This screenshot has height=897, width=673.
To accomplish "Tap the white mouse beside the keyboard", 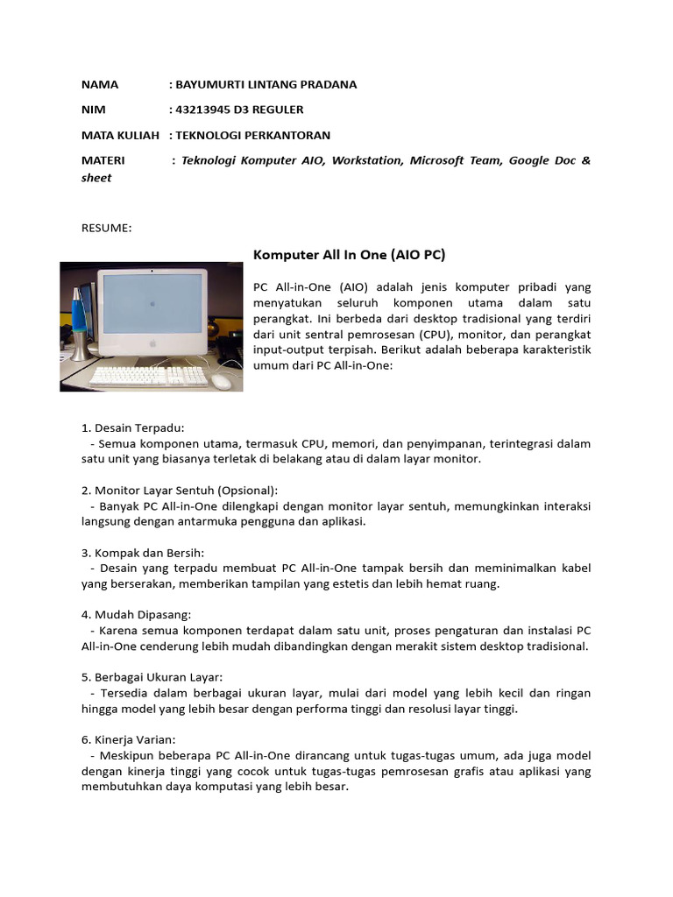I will click(222, 381).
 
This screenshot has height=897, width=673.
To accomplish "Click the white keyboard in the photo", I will click(149, 376).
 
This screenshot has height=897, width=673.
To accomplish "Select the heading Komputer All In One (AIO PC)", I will click(349, 255).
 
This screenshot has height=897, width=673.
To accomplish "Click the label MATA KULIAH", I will click(120, 135).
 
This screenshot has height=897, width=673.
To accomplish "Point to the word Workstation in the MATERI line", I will click(367, 160).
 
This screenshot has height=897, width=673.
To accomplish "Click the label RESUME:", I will click(106, 229).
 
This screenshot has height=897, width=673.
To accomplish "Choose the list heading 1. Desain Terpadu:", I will click(132, 427).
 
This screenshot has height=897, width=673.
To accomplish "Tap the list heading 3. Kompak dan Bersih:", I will click(142, 553).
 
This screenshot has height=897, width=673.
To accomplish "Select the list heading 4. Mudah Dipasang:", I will click(136, 615).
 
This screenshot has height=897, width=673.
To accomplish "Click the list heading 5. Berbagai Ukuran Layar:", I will click(152, 677).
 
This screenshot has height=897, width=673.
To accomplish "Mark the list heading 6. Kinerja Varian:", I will click(129, 739).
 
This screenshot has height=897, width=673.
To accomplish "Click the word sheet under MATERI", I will click(96, 178).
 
